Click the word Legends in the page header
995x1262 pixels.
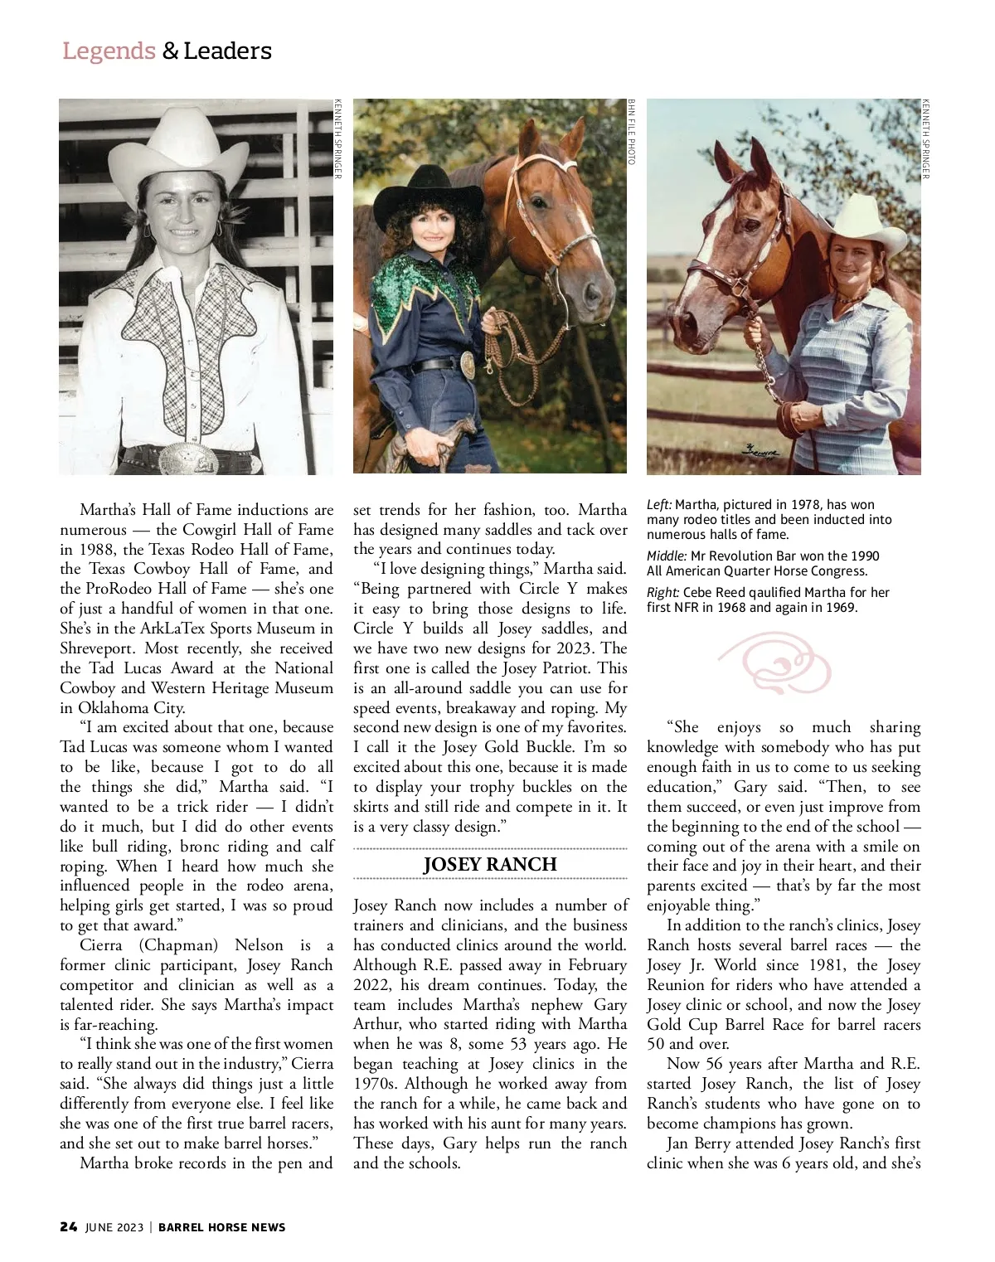coord(109,51)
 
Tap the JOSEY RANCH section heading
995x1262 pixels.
coord(489,864)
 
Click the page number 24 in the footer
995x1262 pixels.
coord(69,1227)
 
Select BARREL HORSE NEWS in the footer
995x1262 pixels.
coord(221,1227)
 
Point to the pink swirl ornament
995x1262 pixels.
coord(775,663)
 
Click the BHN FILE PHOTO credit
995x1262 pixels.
coord(632,132)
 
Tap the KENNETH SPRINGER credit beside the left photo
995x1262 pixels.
coord(337,138)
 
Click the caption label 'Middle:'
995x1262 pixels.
coord(667,556)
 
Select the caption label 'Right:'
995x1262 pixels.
coord(663,593)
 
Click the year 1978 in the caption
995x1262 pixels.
coord(805,505)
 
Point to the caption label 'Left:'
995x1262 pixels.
coord(659,505)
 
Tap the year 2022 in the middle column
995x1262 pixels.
coord(373,985)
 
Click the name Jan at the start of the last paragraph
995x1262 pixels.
coord(677,1143)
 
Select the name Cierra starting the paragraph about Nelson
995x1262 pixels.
coord(100,945)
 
